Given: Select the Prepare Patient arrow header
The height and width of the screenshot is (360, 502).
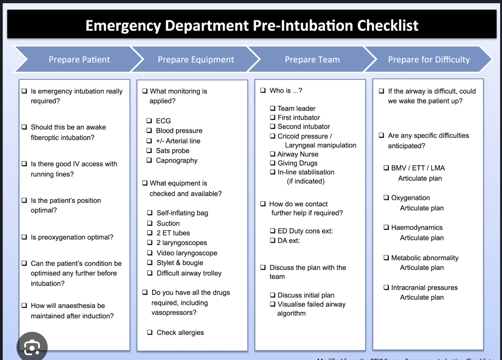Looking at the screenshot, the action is coord(79,59).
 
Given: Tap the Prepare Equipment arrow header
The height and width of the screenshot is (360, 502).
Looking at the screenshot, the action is coord(196,59).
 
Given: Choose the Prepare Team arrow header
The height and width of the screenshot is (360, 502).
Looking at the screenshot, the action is coord(312,59).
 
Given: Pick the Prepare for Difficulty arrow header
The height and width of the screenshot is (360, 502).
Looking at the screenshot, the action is coord(428,59).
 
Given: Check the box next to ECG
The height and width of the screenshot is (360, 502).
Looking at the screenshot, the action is coord(149,121).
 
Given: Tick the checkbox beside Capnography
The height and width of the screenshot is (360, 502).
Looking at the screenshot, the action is coord(149,160).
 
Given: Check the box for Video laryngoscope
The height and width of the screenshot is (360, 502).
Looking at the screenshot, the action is coord(150,253).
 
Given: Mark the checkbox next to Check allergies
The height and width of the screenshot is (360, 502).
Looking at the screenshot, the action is coord(150,333).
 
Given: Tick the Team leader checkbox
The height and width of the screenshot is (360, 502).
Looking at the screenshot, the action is coord(273,108).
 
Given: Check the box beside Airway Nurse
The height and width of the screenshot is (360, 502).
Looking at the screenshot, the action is coord(273,154).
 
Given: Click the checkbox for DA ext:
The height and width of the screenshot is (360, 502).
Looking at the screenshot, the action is coord(273,240).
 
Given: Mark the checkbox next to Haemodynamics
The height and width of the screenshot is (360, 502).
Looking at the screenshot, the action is coord(386,228).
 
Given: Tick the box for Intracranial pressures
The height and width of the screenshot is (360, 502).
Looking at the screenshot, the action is coord(386,288).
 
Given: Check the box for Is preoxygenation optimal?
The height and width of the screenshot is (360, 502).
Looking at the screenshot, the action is coord(24,237).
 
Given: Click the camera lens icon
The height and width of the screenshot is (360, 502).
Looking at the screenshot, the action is coord(32,347).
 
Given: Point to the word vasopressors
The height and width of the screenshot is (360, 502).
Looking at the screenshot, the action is coord(174,313).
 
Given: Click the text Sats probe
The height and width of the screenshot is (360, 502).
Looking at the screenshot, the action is coord(173,151).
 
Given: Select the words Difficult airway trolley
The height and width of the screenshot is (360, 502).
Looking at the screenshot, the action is coord(189,273).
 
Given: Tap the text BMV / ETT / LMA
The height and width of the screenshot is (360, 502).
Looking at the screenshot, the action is coord(418,168).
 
